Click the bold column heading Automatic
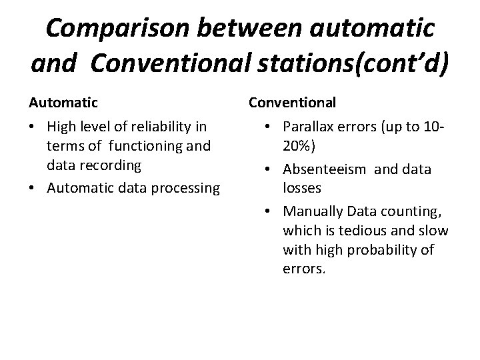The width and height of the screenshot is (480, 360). pos(63,103)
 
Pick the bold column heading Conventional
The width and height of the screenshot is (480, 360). pos(293,103)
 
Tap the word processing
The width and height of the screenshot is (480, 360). pos(187,189)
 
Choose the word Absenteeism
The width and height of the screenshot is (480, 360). pos(325,169)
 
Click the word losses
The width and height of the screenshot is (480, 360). pos(302,188)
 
